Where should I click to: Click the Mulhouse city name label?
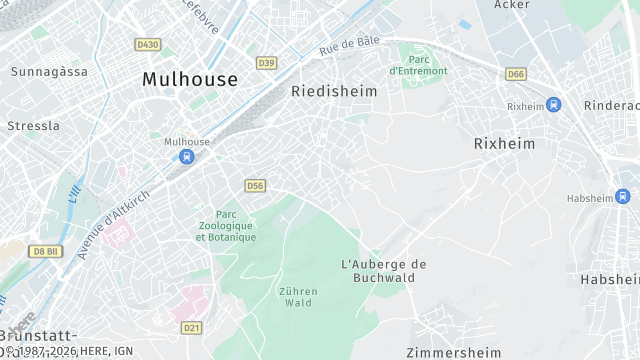tap(190, 79)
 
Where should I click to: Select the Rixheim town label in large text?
tap(504, 144)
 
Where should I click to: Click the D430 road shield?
tap(147, 45)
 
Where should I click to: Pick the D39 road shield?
tap(266, 63)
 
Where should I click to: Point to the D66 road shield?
tap(516, 74)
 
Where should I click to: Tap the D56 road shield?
tap(255, 186)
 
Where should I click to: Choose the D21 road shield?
tap(192, 327)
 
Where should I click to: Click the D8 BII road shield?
tap(45, 251)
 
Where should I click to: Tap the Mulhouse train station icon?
tap(186, 156)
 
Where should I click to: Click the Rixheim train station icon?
tap(553, 105)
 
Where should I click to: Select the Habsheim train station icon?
tap(623, 196)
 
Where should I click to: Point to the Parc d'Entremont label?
tap(419, 65)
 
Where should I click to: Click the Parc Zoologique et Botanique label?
tap(226, 225)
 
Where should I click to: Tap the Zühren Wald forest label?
tap(298, 297)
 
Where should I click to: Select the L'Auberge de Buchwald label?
tap(384, 271)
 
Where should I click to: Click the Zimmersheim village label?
tap(453, 352)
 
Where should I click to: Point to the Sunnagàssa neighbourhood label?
tap(49, 72)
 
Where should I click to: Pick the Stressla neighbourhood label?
tap(33, 126)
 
